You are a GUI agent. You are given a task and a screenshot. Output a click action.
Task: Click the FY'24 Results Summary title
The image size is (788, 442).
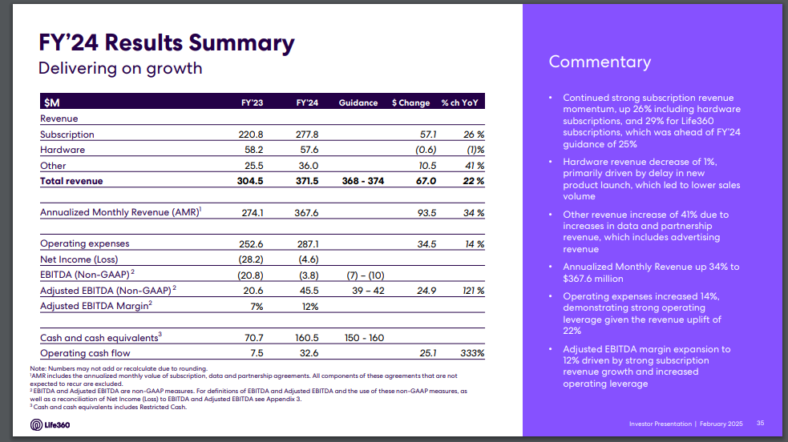click(167, 42)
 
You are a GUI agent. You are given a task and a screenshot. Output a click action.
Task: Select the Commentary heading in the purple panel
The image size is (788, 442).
click(600, 62)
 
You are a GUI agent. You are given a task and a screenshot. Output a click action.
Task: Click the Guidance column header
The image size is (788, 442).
click(358, 103)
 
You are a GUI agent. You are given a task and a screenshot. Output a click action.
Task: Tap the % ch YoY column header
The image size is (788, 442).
click(463, 103)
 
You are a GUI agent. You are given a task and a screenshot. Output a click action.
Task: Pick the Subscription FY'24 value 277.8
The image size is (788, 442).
click(307, 135)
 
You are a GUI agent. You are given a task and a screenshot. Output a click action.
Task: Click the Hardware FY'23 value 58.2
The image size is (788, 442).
click(253, 150)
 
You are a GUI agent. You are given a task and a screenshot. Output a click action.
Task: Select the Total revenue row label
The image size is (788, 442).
click(71, 181)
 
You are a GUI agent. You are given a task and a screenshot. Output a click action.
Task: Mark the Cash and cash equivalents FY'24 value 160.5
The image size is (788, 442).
click(307, 338)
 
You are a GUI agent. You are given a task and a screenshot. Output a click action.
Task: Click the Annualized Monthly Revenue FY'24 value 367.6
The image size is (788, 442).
click(307, 213)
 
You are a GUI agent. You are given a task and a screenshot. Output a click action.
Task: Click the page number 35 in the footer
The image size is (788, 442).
click(761, 423)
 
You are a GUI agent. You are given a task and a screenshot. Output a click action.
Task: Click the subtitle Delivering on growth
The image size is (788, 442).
click(120, 68)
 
